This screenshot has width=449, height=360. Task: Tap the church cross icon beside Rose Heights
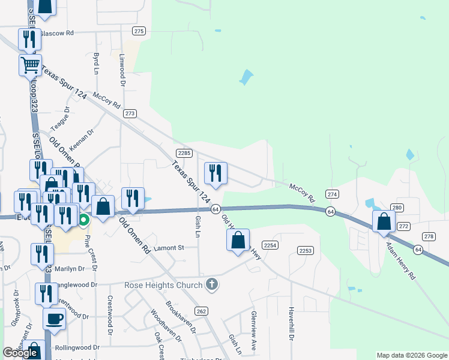pyautogui.click(x=211, y=284)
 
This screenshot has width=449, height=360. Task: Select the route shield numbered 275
pyautogui.click(x=139, y=31)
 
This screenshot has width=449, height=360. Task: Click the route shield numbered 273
pyautogui.click(x=130, y=113)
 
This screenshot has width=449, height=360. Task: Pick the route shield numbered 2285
pyautogui.click(x=184, y=153)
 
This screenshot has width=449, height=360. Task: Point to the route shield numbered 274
pyautogui.click(x=333, y=194)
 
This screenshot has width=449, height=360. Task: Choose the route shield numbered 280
pyautogui.click(x=397, y=208)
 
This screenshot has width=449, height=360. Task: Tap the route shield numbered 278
pyautogui.click(x=429, y=236)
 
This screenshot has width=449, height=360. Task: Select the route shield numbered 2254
pyautogui.click(x=270, y=245)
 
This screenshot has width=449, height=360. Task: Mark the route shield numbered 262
pyautogui.click(x=201, y=311)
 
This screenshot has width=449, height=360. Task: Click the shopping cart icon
pyautogui.click(x=30, y=65)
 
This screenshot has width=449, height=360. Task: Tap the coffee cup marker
pyautogui.click(x=55, y=319)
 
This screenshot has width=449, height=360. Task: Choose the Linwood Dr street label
pyautogui.click(x=122, y=69)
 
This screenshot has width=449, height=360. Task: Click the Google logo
pyautogui.click(x=20, y=353)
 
